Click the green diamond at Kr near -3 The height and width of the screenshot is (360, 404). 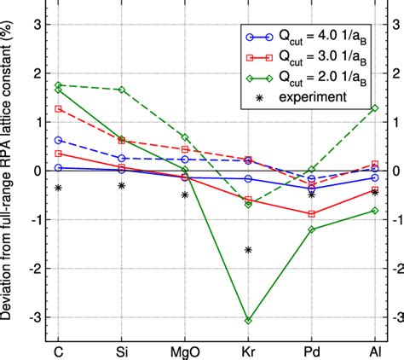tap(248, 320)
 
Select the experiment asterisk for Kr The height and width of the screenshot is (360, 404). tap(248, 250)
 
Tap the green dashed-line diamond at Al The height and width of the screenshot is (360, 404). tap(374, 108)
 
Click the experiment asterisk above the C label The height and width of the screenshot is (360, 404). tap(58, 188)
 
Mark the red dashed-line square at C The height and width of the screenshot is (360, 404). tap(58, 108)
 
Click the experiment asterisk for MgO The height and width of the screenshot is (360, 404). tap(184, 195)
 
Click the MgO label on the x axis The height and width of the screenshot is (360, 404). tap(184, 351)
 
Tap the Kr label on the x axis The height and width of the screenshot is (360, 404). tap(248, 351)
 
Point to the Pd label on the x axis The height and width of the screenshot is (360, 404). tap(311, 351)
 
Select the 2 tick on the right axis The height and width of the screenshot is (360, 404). tap(395, 73)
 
